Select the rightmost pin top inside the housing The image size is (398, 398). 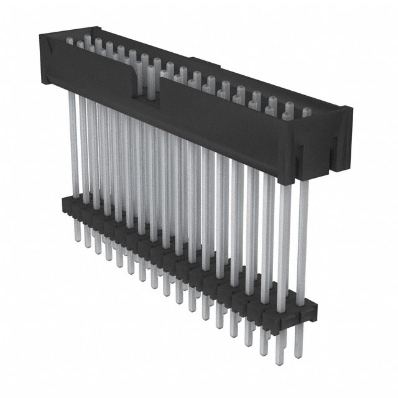point(305,113)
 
